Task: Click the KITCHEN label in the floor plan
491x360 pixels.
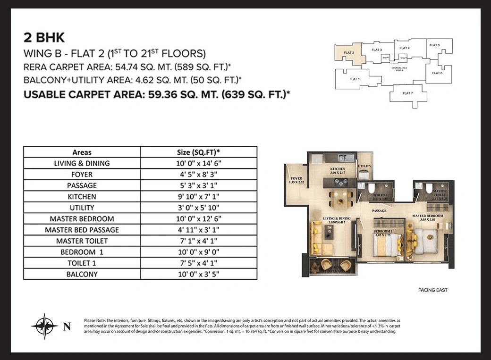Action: pos(338,169)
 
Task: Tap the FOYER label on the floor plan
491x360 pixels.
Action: pos(296,179)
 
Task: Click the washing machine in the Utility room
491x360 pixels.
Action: pos(364,175)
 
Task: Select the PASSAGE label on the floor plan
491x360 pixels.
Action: pos(379,211)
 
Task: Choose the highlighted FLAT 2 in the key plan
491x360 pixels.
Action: pos(349,54)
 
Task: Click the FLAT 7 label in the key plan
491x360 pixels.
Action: pos(407,93)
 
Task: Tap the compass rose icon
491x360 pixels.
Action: pos(44,326)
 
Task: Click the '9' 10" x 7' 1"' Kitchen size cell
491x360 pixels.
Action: pos(198,197)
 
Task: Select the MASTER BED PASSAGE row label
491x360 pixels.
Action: pos(82,230)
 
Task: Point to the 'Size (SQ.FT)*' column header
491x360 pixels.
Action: pos(198,152)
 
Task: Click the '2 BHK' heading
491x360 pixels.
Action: pos(44,37)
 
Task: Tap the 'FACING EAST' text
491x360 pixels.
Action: pos(432,290)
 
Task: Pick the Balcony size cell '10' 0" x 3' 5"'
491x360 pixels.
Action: pos(198,274)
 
